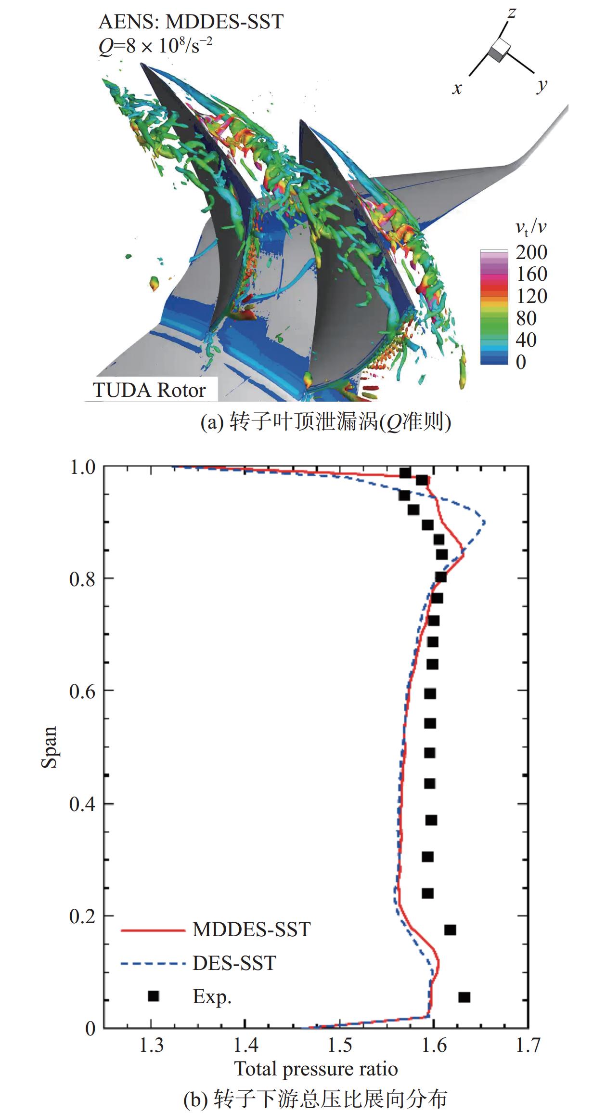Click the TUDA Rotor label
(x=149, y=390)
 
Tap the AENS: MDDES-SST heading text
(x=191, y=22)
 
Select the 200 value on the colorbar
(x=531, y=252)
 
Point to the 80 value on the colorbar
(x=526, y=318)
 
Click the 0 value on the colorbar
(x=521, y=362)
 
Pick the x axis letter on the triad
(x=457, y=88)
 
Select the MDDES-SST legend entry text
(x=251, y=929)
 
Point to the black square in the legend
(x=153, y=996)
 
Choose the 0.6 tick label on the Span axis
(x=82, y=691)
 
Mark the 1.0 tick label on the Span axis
(x=83, y=467)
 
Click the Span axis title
(x=49, y=747)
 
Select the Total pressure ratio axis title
(x=316, y=1069)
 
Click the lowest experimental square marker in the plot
(x=464, y=997)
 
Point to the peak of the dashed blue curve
(x=484, y=523)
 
